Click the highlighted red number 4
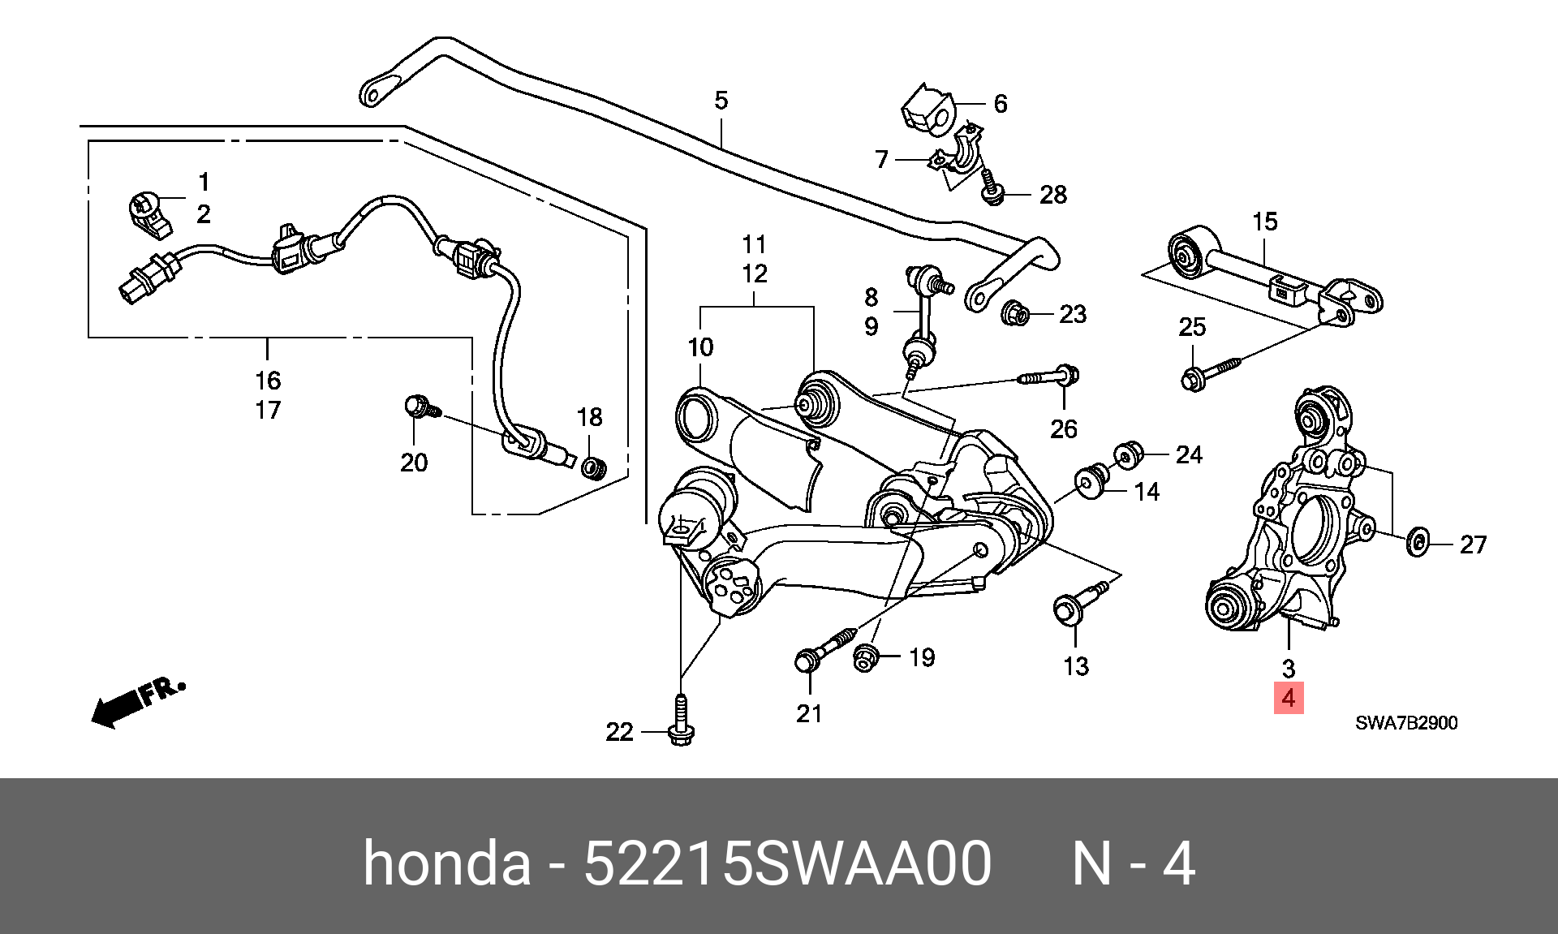[1288, 698]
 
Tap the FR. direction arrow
[138, 703]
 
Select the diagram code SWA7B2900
[1405, 722]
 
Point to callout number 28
[1052, 195]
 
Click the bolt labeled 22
[680, 721]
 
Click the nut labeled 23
[1015, 312]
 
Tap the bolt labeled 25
[1214, 372]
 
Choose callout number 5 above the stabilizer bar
[721, 101]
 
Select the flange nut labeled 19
[865, 657]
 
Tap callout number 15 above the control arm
[1265, 222]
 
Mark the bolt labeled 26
[1046, 377]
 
